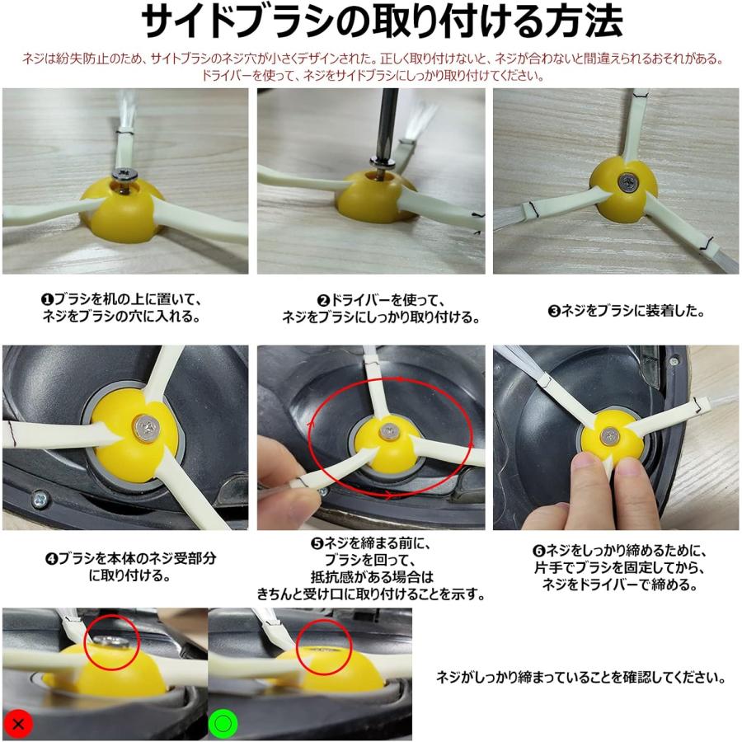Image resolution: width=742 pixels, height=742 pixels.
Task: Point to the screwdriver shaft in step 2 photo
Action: coord(382,132)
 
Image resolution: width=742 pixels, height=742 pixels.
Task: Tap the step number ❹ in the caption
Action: coord(51,558)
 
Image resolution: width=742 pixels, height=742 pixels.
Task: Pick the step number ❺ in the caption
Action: coord(316,543)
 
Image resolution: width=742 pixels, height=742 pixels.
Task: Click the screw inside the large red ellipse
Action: coord(386,429)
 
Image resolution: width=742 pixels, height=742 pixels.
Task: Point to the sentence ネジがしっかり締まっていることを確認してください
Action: coord(580,678)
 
